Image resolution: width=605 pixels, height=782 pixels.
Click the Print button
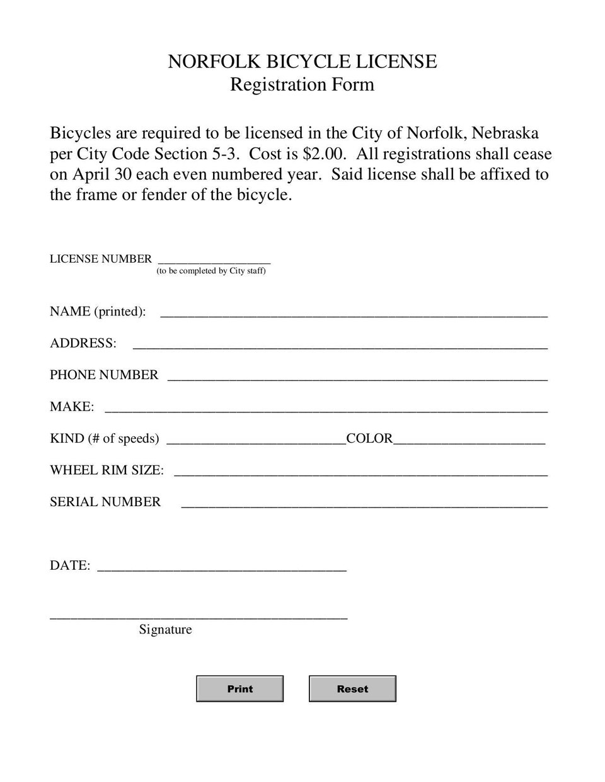point(239,689)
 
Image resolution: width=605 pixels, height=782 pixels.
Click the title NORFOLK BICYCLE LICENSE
point(302,62)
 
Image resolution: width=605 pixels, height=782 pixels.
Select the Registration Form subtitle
point(302,84)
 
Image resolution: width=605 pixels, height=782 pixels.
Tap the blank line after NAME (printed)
point(354,312)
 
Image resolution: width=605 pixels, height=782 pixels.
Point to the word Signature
point(165,630)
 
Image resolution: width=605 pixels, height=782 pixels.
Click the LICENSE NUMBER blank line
point(214,259)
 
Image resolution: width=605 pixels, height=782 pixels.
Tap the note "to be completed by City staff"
point(211,271)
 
